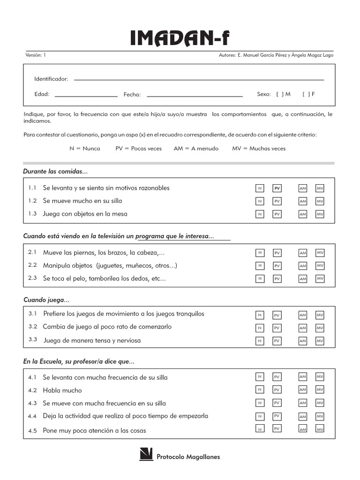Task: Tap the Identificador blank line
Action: (199, 80)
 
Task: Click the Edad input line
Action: (86, 96)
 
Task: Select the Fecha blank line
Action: (195, 96)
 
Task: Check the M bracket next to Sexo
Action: (280, 94)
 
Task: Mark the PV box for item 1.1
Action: (277, 188)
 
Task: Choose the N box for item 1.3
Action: (259, 214)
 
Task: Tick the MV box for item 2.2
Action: (320, 266)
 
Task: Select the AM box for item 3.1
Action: (303, 315)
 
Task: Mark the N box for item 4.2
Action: (259, 389)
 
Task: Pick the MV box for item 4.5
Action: (320, 429)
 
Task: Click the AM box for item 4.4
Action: (303, 416)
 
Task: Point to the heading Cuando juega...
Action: (46, 300)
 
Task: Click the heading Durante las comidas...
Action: (55, 171)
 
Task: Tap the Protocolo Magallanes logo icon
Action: (146, 455)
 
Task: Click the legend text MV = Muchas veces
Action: (259, 149)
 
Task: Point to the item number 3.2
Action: (32, 326)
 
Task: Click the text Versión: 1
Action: (36, 55)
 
